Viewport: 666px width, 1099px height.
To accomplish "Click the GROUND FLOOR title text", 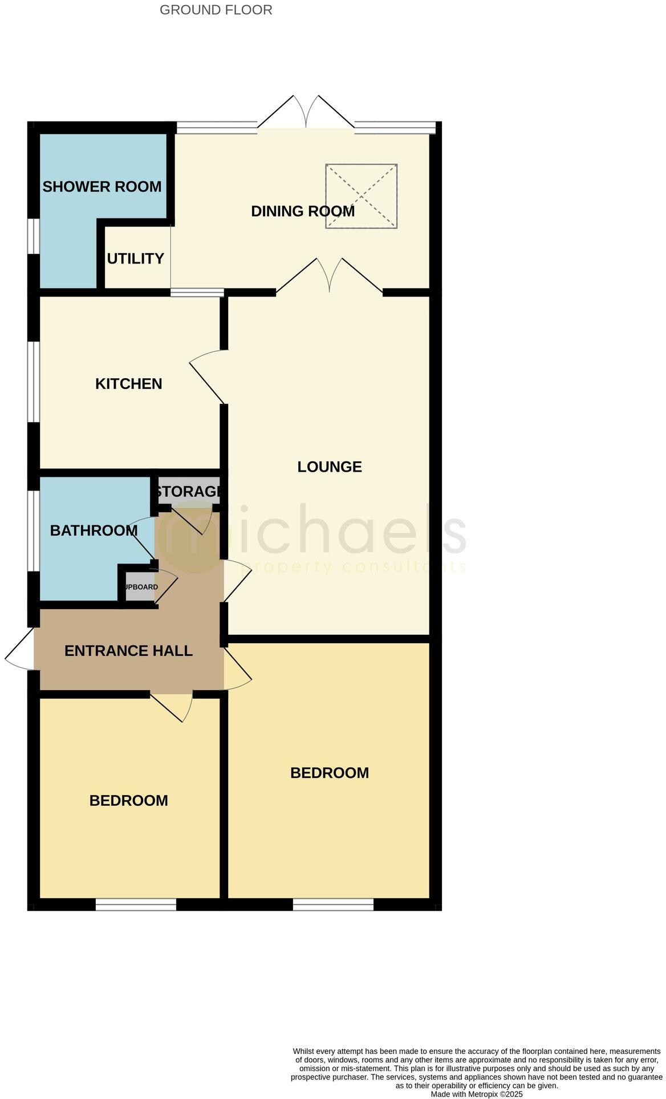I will click(x=216, y=10).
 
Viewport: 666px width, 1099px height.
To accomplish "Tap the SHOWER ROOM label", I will click(x=102, y=186).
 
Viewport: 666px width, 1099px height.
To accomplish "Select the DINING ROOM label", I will click(x=303, y=211).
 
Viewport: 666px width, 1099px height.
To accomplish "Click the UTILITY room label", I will click(x=136, y=258).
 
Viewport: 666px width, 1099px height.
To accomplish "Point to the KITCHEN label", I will click(x=129, y=384).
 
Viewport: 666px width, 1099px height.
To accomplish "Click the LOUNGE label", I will click(x=330, y=467).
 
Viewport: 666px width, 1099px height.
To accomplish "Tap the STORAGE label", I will click(x=189, y=491).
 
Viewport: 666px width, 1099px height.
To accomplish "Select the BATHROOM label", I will click(x=94, y=530).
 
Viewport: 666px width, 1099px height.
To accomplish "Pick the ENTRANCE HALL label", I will click(x=128, y=651).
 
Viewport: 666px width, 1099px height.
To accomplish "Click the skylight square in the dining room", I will click(x=361, y=196).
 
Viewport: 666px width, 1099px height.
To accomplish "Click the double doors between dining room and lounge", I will click(x=329, y=277).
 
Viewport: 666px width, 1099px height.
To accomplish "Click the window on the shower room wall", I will click(x=34, y=236).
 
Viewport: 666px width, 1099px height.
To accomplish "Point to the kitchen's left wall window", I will click(x=34, y=382).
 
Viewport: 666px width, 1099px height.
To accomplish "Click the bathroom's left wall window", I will click(x=34, y=530).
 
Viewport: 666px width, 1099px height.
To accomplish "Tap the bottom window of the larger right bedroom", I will click(x=334, y=904).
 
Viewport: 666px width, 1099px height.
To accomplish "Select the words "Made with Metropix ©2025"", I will click(x=476, y=1094).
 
